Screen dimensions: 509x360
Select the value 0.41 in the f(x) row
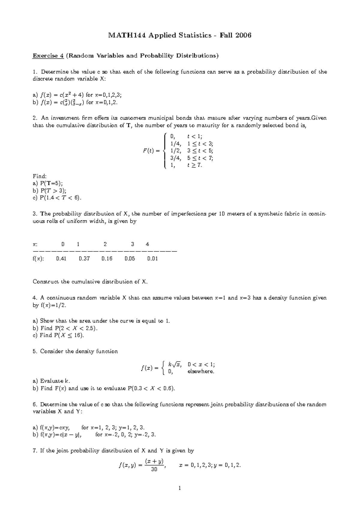click(x=61, y=258)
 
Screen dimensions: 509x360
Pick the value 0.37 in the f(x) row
click(x=84, y=258)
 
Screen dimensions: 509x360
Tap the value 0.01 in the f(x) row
click(x=152, y=258)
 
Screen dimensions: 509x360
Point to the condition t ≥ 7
click(x=195, y=165)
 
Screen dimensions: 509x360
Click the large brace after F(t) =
click(x=163, y=151)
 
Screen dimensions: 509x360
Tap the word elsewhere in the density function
click(x=201, y=372)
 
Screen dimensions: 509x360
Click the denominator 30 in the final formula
click(x=154, y=469)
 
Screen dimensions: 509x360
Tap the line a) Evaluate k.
click(x=51, y=381)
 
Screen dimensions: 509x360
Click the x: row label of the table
click(x=35, y=244)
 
